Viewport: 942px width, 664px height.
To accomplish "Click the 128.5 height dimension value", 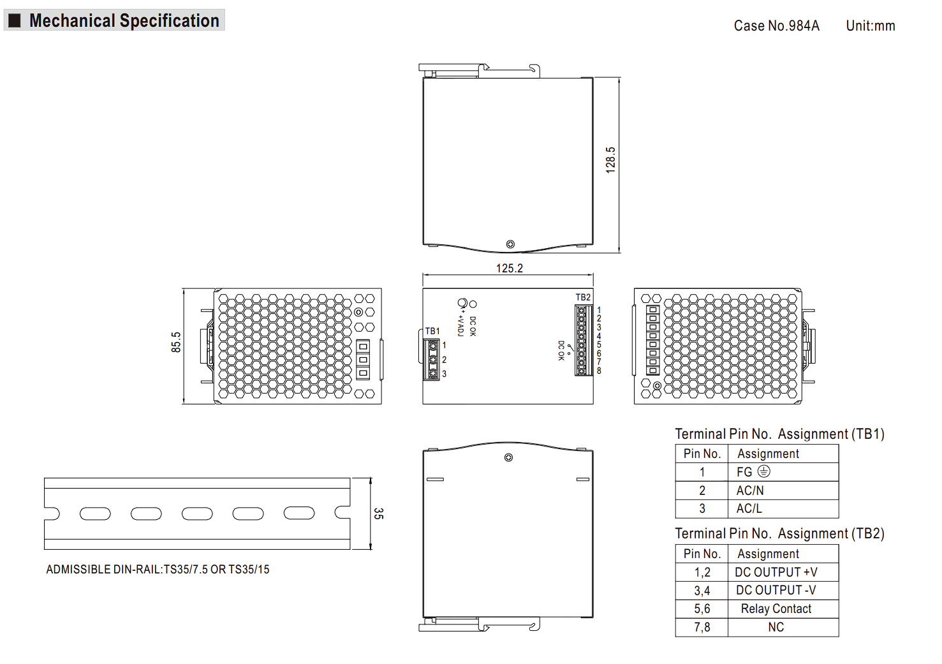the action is point(610,160).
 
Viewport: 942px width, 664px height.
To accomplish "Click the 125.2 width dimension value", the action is point(510,269).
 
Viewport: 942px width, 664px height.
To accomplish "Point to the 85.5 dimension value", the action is point(176,343).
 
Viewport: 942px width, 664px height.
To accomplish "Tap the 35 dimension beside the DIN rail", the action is point(378,513).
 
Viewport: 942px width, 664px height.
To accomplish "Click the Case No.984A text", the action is point(776,26).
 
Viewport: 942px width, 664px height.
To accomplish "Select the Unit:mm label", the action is point(871,26).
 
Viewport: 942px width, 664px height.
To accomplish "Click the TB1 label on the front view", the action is point(432,332).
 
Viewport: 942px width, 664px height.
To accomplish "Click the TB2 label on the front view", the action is point(583,297).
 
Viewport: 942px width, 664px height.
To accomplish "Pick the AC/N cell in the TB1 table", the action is point(750,491).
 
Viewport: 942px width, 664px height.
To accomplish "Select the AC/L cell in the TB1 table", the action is point(749,508).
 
